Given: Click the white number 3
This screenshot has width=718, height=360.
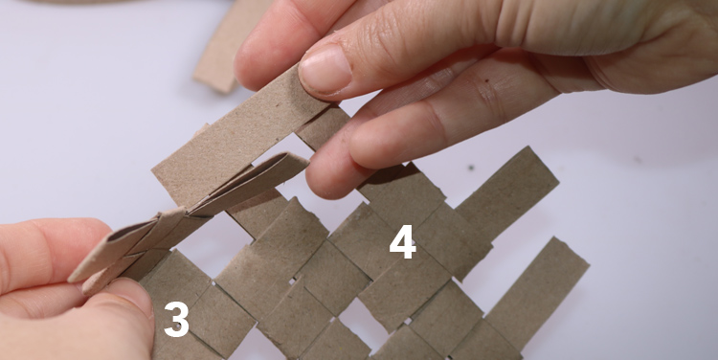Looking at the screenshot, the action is pos(176,319).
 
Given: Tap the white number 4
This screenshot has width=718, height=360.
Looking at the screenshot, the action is pos(402,242).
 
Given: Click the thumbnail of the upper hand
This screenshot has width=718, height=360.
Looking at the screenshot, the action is pos(325,70).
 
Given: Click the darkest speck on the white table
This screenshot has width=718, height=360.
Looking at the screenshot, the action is pos(471,168).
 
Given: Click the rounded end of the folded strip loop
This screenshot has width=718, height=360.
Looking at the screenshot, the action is pos(297,160).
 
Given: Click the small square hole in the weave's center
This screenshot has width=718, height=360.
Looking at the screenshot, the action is pos(293,279).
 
